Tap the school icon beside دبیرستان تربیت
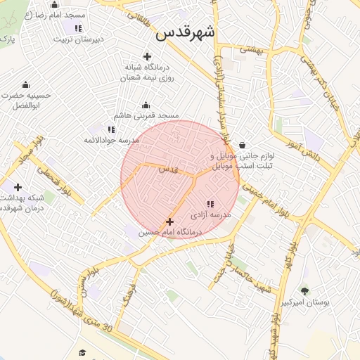(78, 28)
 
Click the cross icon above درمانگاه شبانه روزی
(147, 56)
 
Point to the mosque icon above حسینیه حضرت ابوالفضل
(26, 85)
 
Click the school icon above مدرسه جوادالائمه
(111, 129)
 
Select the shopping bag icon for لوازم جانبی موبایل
(242, 146)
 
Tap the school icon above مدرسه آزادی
(210, 204)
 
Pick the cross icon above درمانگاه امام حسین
(169, 221)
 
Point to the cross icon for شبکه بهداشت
(18, 187)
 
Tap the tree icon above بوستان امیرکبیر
(304, 291)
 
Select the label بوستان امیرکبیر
(305, 302)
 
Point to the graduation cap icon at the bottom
(82, 352)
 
